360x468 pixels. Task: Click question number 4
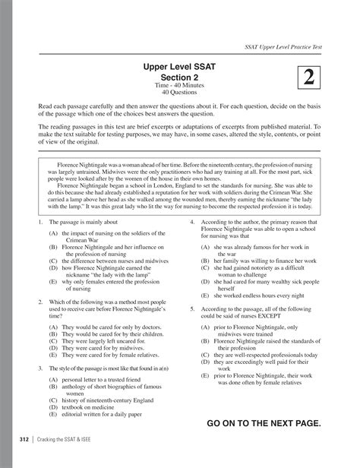192,222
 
